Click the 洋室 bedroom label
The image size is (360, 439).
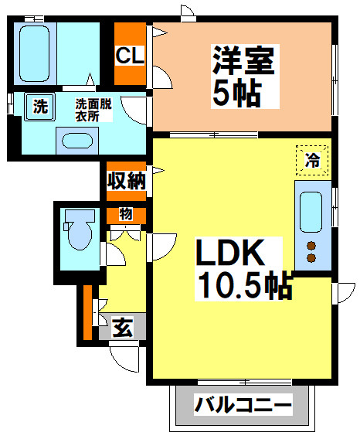pyautogui.click(x=243, y=60)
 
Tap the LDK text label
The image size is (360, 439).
pyautogui.click(x=230, y=253)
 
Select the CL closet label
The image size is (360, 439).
pyautogui.click(x=130, y=55)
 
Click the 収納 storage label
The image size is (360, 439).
pyautogui.click(x=127, y=181)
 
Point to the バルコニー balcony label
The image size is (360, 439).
pyautogui.click(x=243, y=404)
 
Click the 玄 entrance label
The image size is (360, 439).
pyautogui.click(x=122, y=327)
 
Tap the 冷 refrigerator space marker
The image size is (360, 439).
pyautogui.click(x=312, y=161)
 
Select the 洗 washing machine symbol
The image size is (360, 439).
pyautogui.click(x=39, y=107)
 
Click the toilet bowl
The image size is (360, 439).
pyautogui.click(x=80, y=230)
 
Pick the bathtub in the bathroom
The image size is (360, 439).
pyautogui.click(x=35, y=54)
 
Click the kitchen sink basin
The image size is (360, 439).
pyautogui.click(x=311, y=212)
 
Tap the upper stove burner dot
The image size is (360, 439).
pyautogui.click(x=311, y=246)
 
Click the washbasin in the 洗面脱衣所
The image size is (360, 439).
pyautogui.click(x=77, y=141)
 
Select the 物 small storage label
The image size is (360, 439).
pyautogui.click(x=126, y=214)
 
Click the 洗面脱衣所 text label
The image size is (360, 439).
pyautogui.click(x=93, y=110)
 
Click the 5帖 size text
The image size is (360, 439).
pyautogui.click(x=237, y=93)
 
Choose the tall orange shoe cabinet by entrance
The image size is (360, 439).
pyautogui.click(x=87, y=312)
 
